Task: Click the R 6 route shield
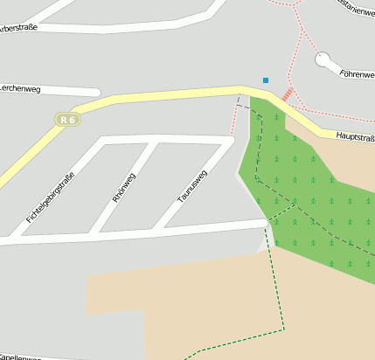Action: click(68, 119)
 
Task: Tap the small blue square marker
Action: click(266, 80)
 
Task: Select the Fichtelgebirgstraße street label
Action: click(50, 197)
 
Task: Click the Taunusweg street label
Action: click(192, 186)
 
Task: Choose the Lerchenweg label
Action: click(20, 87)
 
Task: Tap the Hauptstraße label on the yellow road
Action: click(354, 137)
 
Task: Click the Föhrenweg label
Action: click(357, 74)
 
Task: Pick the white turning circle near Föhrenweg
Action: click(323, 59)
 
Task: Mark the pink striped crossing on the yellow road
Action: click(288, 93)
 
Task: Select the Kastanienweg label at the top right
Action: click(356, 10)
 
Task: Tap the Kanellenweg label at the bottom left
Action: click(21, 357)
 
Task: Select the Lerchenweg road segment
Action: click(70, 89)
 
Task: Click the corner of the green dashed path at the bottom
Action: click(284, 329)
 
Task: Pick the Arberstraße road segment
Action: click(131, 28)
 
